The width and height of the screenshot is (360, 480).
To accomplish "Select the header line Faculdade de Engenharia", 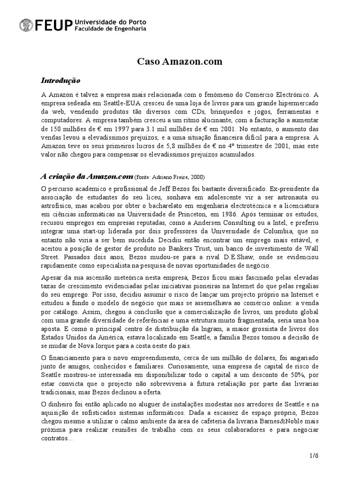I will click(x=110, y=29).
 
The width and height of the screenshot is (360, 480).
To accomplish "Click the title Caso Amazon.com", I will click(x=180, y=61).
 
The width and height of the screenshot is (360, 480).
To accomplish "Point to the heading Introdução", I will click(x=61, y=80).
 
